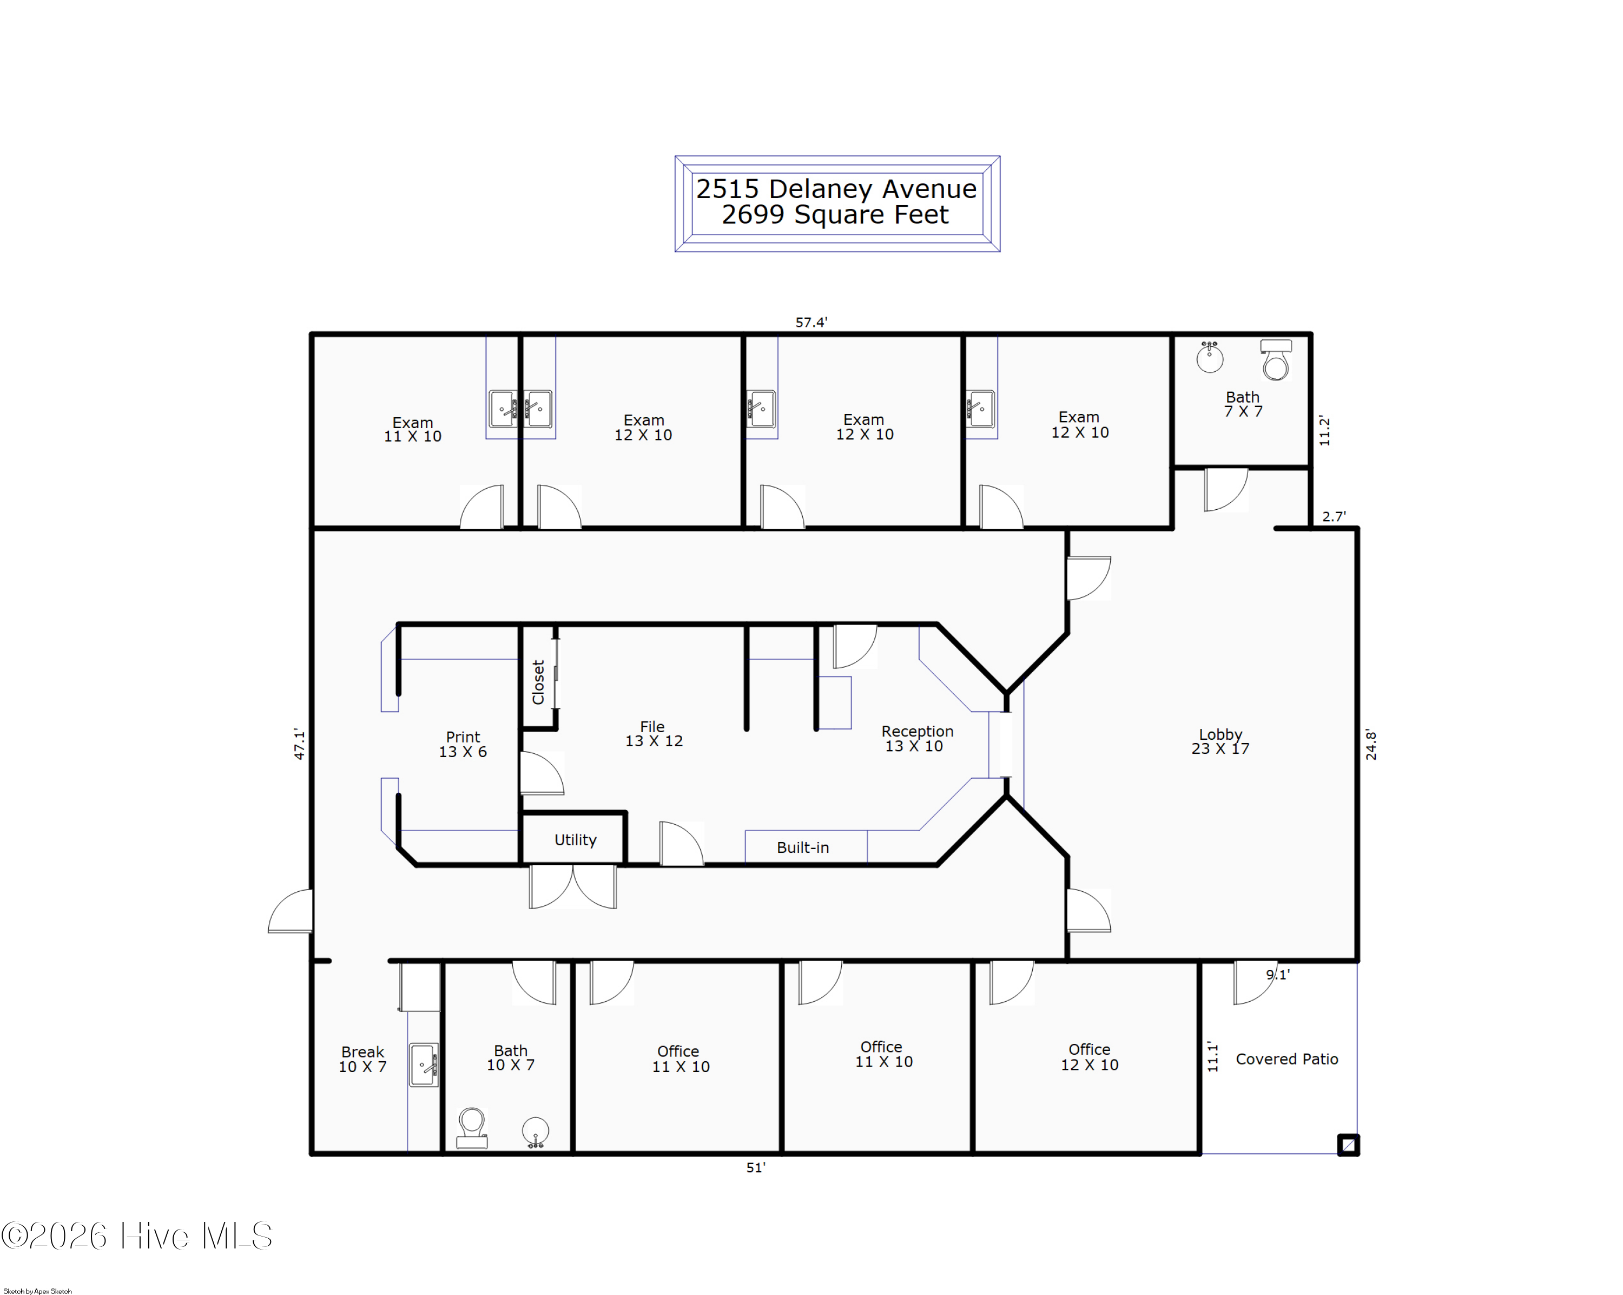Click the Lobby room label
[1220, 741]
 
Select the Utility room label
[575, 839]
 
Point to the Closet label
[538, 682]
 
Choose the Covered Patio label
[1286, 1059]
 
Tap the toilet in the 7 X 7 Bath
[1276, 360]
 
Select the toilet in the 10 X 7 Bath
[472, 1127]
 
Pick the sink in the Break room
[424, 1064]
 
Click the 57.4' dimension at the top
[811, 322]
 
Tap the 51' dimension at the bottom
[755, 1167]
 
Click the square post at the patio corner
[1348, 1145]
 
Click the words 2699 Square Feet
[835, 215]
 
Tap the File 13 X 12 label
[654, 733]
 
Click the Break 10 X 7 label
[362, 1059]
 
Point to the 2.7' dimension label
[1334, 516]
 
